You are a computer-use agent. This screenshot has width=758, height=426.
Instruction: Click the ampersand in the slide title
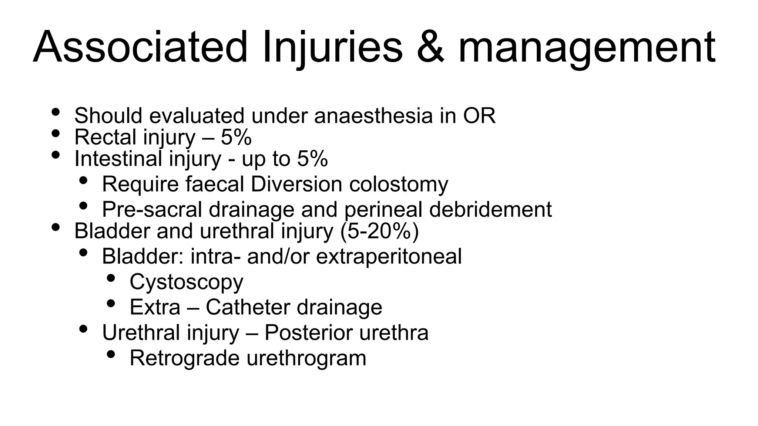(x=430, y=48)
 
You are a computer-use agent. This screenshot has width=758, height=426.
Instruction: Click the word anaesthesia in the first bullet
(x=373, y=116)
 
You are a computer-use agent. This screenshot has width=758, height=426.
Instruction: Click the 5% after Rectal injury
(x=236, y=137)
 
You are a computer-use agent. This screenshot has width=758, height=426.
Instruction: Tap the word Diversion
(x=296, y=184)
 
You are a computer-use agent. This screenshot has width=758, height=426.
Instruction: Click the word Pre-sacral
(x=152, y=210)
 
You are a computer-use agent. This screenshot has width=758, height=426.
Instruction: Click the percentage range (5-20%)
(x=379, y=231)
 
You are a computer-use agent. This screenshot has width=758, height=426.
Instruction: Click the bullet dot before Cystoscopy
(x=111, y=278)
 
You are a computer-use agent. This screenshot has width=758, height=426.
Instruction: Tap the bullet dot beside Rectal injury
(x=56, y=133)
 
